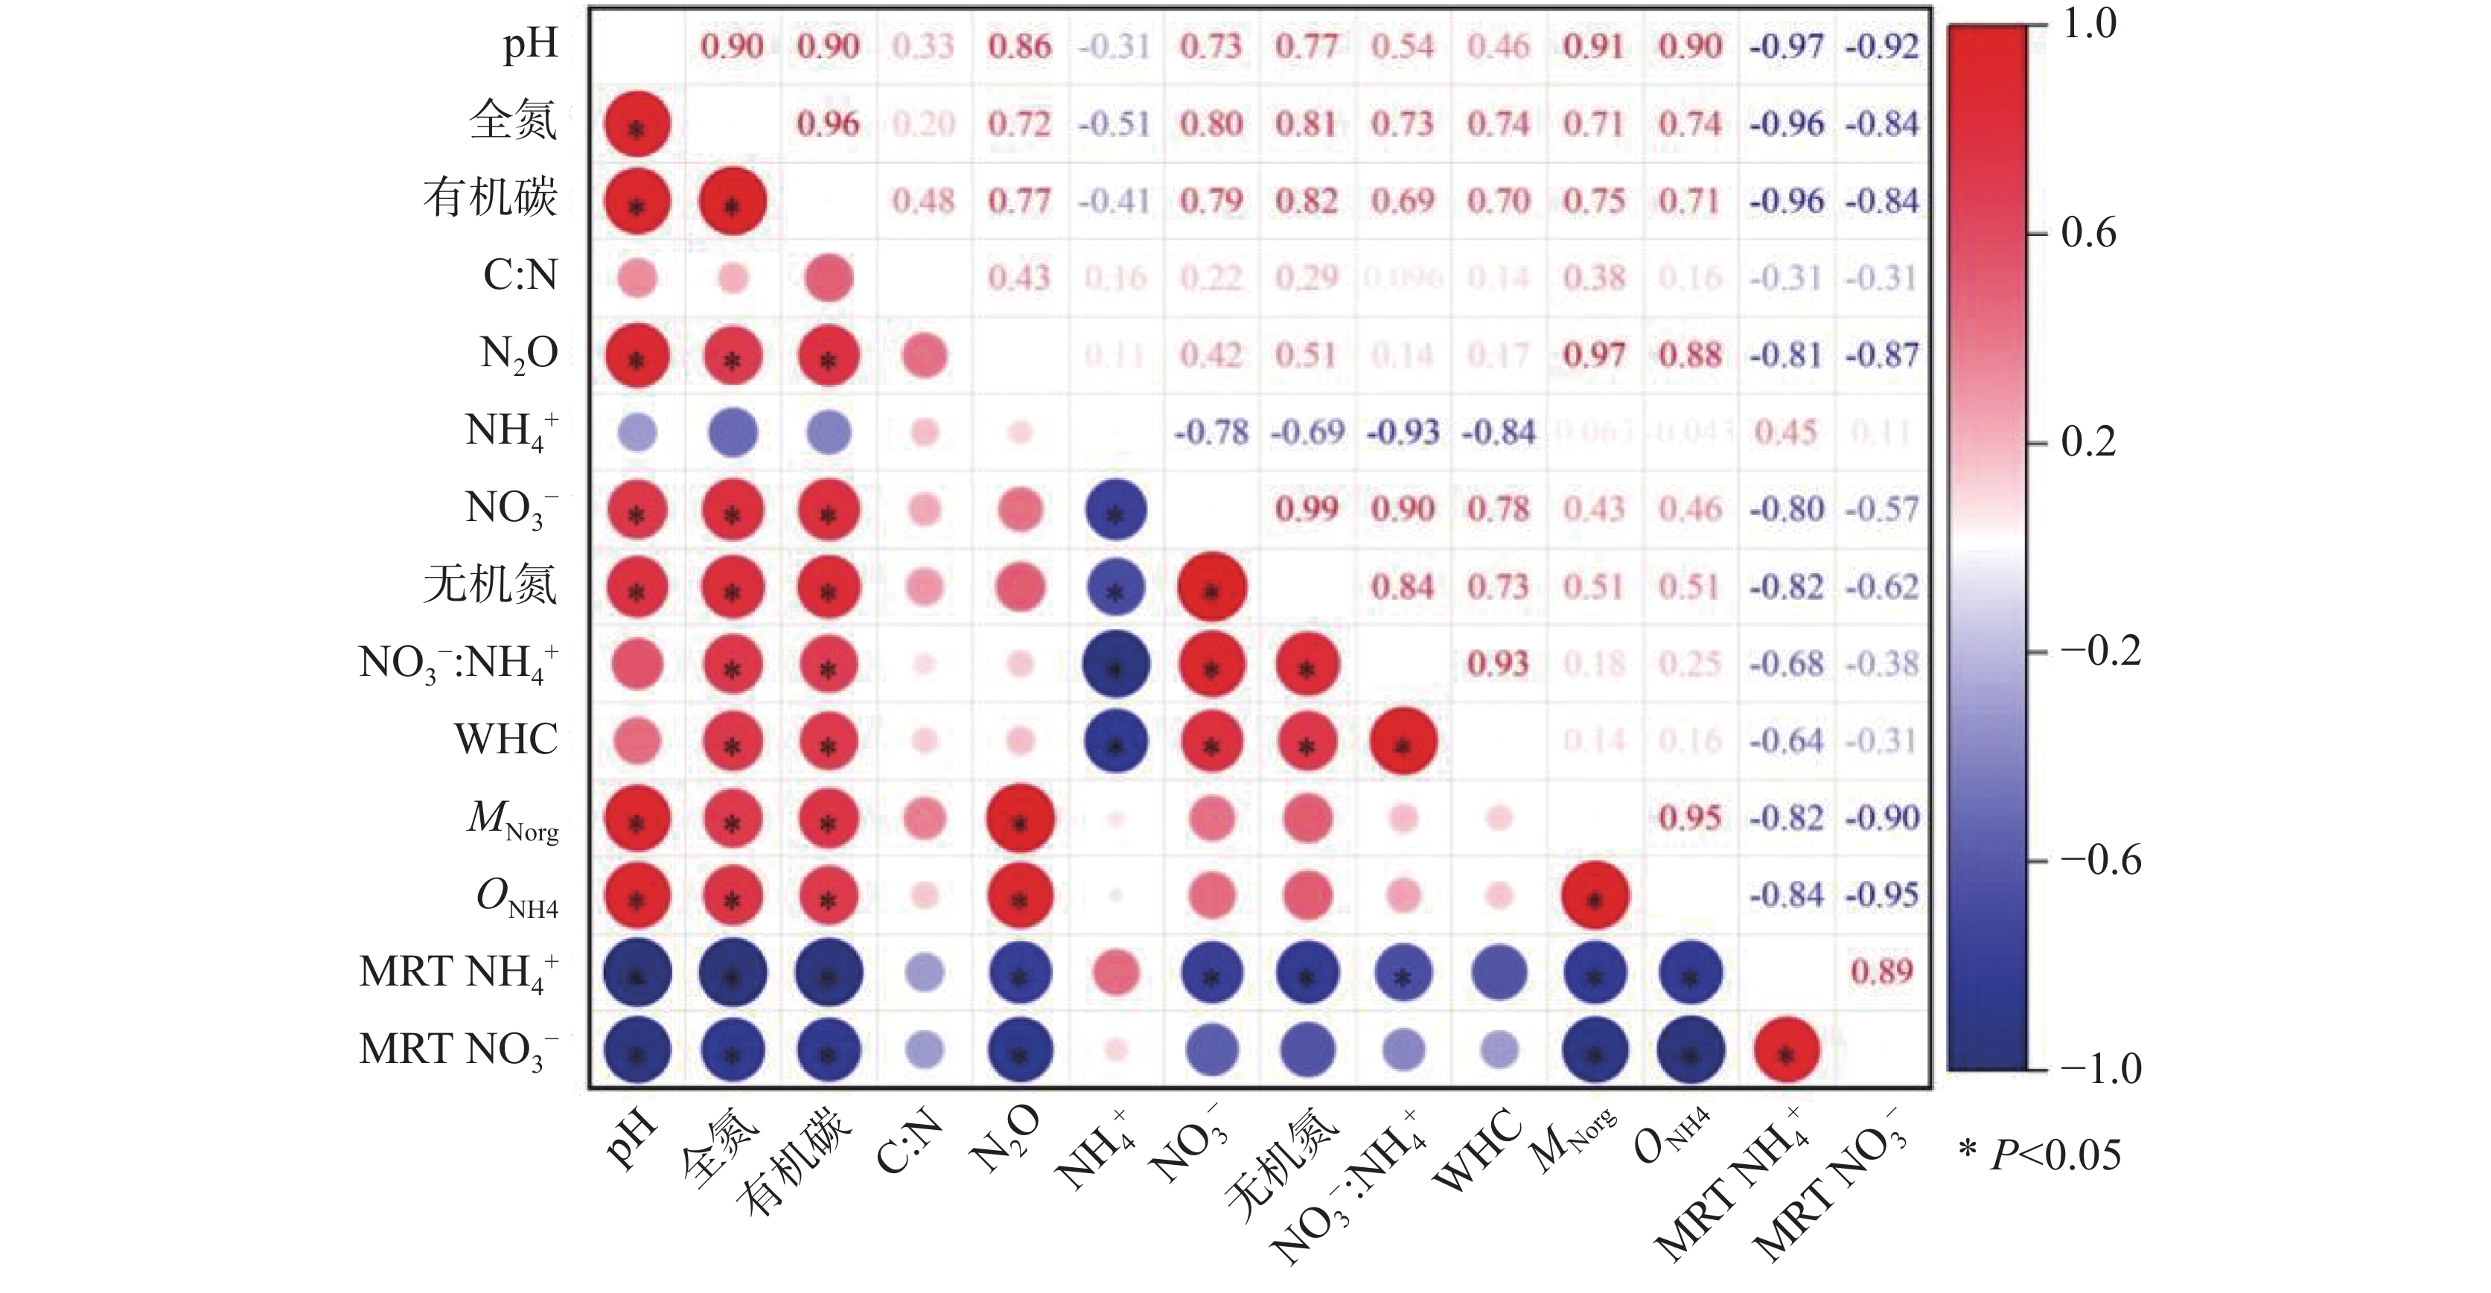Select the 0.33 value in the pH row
(923, 45)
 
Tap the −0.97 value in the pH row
(1786, 45)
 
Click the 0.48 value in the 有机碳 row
(923, 200)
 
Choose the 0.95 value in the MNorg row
(1690, 817)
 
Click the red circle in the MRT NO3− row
(1786, 1050)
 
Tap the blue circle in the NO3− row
(1116, 510)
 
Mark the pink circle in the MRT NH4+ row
(1116, 973)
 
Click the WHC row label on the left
(505, 740)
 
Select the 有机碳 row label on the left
(491, 198)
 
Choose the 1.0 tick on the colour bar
(2089, 23)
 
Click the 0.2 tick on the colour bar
(2089, 442)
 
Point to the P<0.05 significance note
(2041, 1155)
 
